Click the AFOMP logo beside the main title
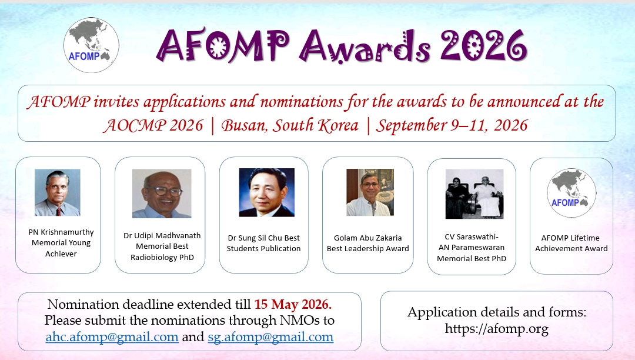click(x=91, y=45)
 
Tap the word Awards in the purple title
click(x=365, y=46)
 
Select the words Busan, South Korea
click(x=289, y=125)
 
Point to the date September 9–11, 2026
click(x=452, y=125)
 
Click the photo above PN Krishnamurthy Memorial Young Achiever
click(x=58, y=192)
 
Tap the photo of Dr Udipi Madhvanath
click(x=162, y=194)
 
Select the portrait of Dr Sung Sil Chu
click(x=266, y=192)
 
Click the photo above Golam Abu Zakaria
click(x=370, y=192)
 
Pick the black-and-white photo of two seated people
click(x=474, y=194)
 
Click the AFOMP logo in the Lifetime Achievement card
click(x=571, y=193)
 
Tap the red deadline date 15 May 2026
click(x=293, y=304)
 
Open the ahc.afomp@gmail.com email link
click(x=112, y=337)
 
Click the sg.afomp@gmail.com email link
click(x=270, y=337)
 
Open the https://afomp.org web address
click(x=496, y=328)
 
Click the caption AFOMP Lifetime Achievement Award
click(x=571, y=244)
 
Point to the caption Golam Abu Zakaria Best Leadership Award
click(x=367, y=244)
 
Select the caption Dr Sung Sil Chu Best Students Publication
click(x=263, y=244)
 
